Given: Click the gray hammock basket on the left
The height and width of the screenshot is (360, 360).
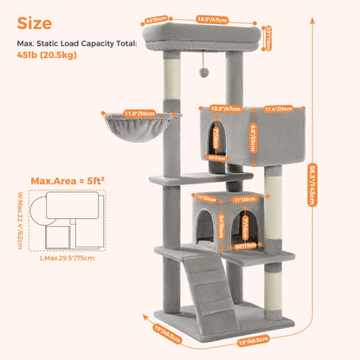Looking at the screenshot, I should click(x=154, y=132).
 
